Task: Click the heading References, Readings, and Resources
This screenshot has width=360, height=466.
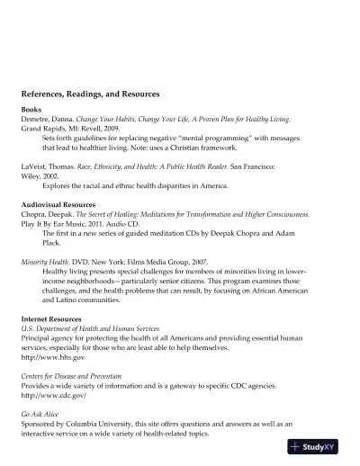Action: (x=90, y=94)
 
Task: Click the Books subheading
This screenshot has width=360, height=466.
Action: (x=31, y=109)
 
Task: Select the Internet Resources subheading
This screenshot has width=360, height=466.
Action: (x=52, y=319)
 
